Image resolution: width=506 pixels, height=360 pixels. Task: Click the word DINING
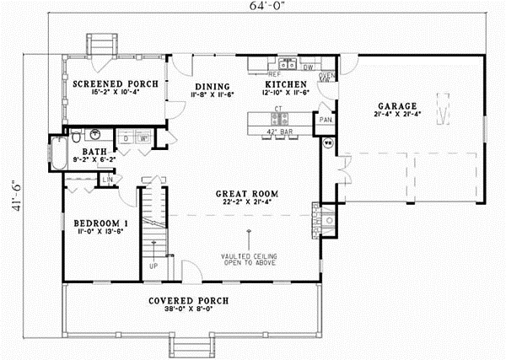click(x=208, y=86)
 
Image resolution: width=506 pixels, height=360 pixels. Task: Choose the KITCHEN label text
click(x=287, y=85)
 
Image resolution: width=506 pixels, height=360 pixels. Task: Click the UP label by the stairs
click(x=153, y=266)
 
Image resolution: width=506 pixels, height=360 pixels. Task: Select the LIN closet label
click(x=109, y=180)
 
